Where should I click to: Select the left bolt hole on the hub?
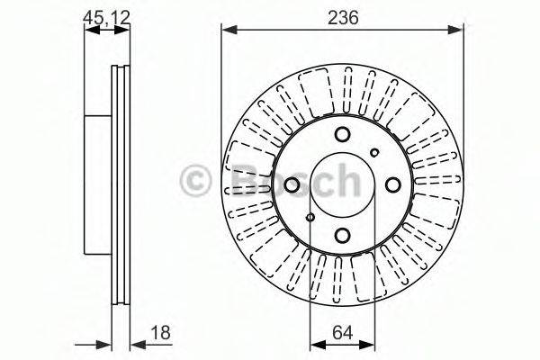pos(292,184)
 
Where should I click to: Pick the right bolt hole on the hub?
pos(392,184)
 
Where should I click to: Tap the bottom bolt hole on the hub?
pos(342,235)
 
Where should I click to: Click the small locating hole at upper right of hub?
pos(375,152)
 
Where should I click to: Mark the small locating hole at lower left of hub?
pos(310,217)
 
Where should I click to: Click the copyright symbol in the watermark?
pos(195,179)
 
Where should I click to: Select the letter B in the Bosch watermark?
pos(237,179)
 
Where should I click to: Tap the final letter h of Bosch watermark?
pos(344,179)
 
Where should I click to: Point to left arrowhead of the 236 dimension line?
pos(226,30)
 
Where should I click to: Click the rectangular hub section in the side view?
pos(97,184)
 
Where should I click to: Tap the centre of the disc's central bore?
pos(342,184)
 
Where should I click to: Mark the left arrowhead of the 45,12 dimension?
pos(90,30)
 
